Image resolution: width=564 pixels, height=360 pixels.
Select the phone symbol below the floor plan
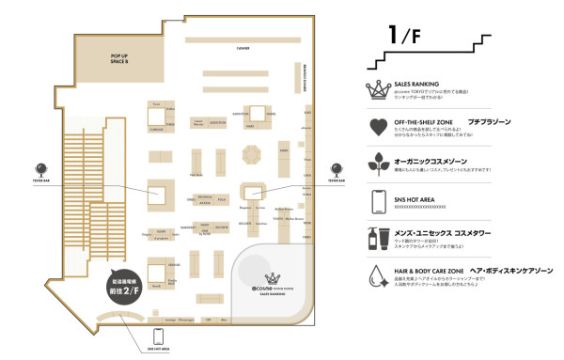click(158, 337)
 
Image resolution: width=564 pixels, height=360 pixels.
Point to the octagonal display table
click(251, 154)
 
